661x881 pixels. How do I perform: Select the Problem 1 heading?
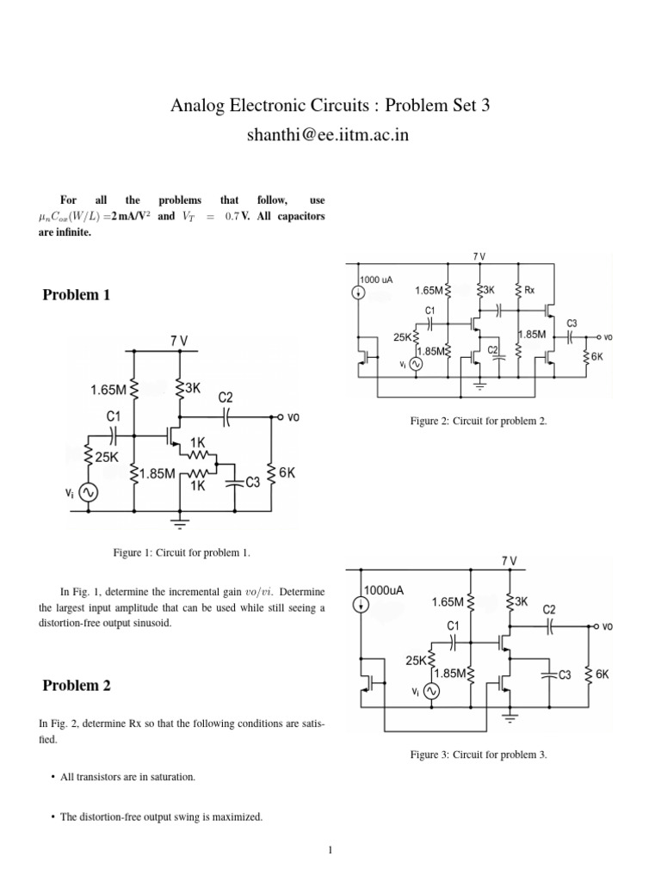click(x=77, y=295)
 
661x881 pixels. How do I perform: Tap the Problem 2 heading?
click(x=77, y=686)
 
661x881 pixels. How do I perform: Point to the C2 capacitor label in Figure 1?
click(x=225, y=398)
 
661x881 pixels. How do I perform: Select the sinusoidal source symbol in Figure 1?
click(x=88, y=492)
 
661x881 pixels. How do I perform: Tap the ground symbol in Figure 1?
click(x=180, y=521)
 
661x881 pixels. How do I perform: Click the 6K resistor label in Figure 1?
click(x=287, y=472)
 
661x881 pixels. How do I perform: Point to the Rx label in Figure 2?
click(x=530, y=290)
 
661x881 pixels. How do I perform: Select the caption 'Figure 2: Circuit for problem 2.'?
click(x=479, y=421)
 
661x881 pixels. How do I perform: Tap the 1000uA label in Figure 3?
click(x=384, y=591)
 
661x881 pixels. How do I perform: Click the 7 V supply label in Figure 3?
click(x=510, y=560)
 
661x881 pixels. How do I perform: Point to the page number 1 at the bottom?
click(x=330, y=851)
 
